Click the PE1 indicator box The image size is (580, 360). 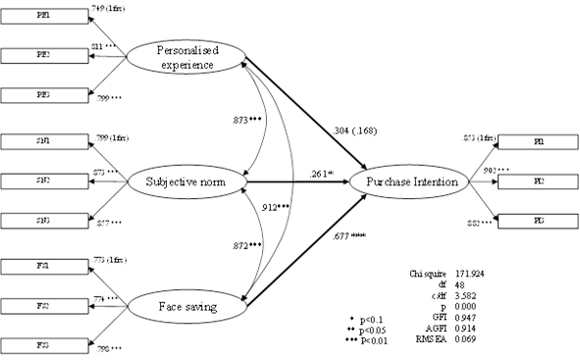click(x=33, y=16)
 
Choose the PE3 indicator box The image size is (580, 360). click(x=33, y=94)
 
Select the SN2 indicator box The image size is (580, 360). click(x=33, y=181)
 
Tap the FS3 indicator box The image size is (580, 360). click(x=33, y=346)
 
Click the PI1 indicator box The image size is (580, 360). click(x=538, y=142)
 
